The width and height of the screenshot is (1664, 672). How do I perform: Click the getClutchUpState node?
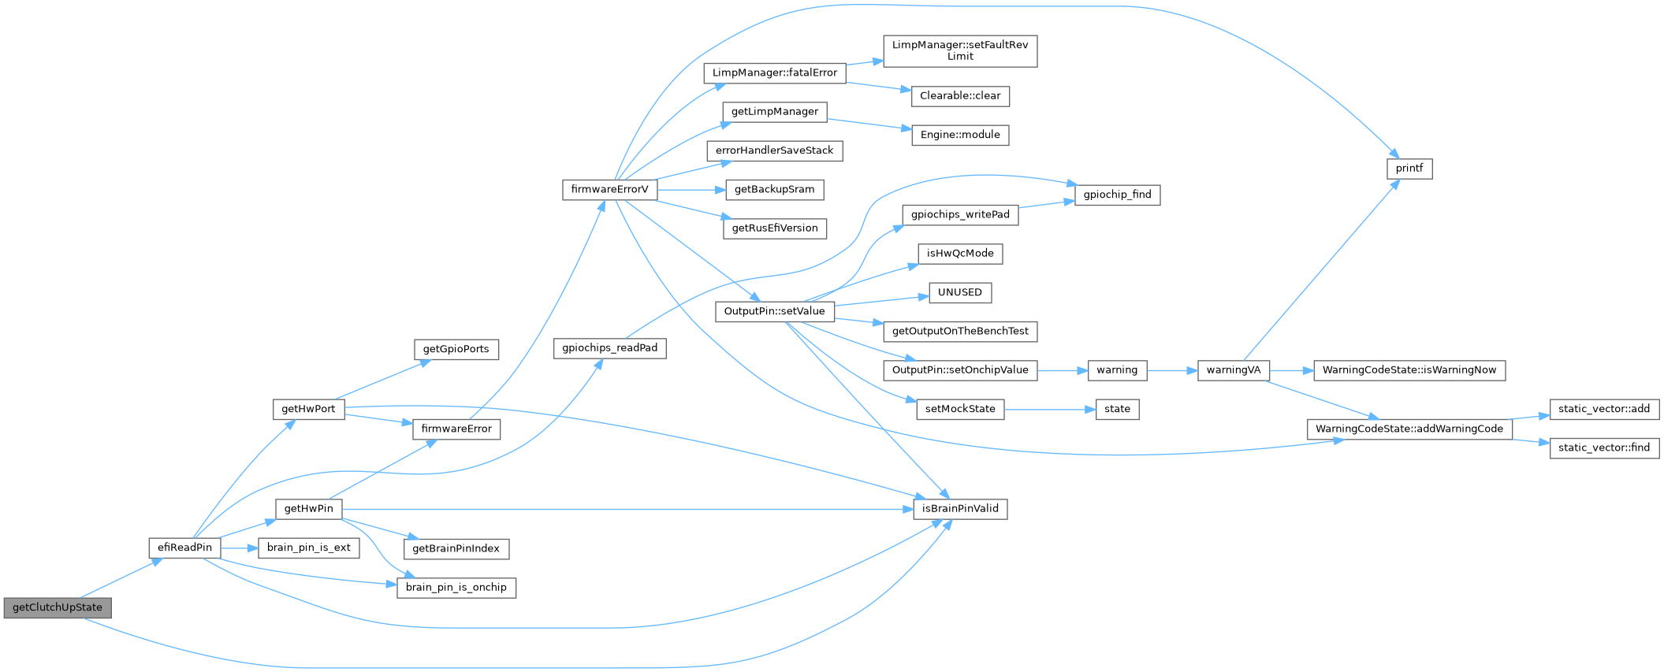(58, 607)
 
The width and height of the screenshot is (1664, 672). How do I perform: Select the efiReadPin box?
(184, 548)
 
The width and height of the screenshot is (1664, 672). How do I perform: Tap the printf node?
(1409, 169)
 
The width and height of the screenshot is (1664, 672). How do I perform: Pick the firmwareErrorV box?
(609, 190)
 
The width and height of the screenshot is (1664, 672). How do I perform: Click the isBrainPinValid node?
(960, 509)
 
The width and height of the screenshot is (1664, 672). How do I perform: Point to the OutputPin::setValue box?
(774, 311)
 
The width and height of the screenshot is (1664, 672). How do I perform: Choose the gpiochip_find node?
(1117, 195)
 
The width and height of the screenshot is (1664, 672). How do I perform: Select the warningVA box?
(1234, 370)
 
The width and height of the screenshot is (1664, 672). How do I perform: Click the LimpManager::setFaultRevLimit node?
(960, 50)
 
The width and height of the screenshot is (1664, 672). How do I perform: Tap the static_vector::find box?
(1604, 447)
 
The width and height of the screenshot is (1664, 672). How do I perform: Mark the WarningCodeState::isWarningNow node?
(1409, 370)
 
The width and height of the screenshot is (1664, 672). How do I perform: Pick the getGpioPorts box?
(456, 349)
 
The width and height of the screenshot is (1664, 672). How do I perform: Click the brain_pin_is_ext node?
(309, 548)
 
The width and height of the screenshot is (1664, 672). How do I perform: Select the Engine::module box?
(960, 135)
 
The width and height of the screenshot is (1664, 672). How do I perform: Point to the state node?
(1117, 409)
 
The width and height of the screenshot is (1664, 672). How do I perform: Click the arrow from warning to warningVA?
(1172, 370)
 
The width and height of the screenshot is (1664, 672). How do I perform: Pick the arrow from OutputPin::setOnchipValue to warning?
(1063, 370)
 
